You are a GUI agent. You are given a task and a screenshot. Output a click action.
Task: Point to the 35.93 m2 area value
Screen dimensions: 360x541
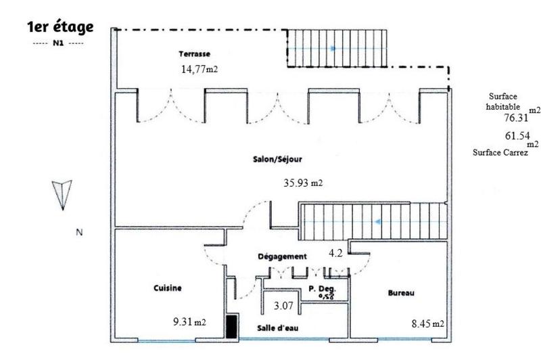tap(302, 182)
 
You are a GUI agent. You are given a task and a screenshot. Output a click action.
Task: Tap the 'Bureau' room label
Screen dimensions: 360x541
tap(401, 293)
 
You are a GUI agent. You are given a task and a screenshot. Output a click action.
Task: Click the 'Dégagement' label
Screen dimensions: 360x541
tap(283, 256)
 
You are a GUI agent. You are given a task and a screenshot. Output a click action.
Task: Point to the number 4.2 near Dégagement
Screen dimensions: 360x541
tap(335, 254)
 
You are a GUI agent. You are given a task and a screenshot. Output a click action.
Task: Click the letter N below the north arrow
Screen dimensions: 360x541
tap(78, 233)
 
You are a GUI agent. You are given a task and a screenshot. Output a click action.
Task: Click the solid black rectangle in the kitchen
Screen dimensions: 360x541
tap(231, 327)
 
